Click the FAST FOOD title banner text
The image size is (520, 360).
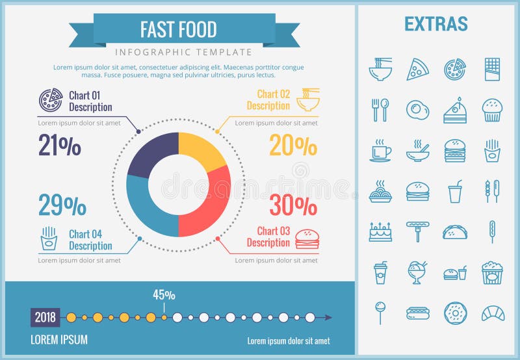pyautogui.click(x=178, y=29)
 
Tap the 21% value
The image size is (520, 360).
pyautogui.click(x=60, y=146)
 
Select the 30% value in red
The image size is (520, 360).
pyautogui.click(x=293, y=205)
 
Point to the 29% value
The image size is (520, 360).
pyautogui.click(x=62, y=205)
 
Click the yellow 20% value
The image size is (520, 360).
pyautogui.click(x=293, y=146)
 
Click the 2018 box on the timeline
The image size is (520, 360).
pyautogui.click(x=45, y=318)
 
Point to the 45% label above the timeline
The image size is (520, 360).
pyautogui.click(x=164, y=294)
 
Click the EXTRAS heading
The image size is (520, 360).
pyautogui.click(x=435, y=24)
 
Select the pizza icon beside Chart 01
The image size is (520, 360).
pyautogui.click(x=50, y=100)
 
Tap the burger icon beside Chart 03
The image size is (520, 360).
pyautogui.click(x=307, y=238)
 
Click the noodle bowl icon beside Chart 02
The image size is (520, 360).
pyautogui.click(x=308, y=99)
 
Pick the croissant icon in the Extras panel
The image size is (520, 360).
pyautogui.click(x=493, y=313)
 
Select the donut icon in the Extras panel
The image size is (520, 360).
pyautogui.click(x=455, y=313)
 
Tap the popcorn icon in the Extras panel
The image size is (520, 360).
pyautogui.click(x=492, y=273)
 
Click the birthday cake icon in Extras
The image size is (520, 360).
pyautogui.click(x=380, y=232)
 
